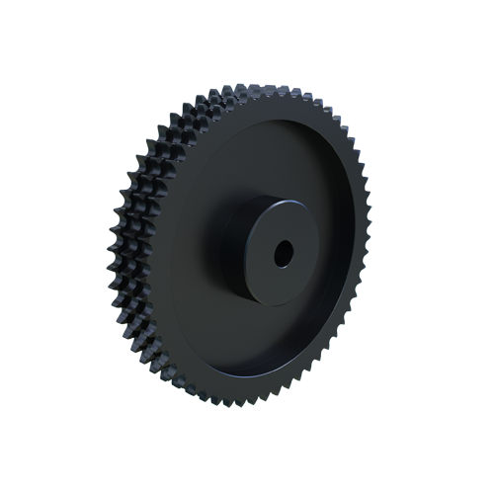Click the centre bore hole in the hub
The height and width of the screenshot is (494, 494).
tap(284, 252)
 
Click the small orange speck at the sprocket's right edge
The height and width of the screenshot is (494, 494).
tap(366, 184)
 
